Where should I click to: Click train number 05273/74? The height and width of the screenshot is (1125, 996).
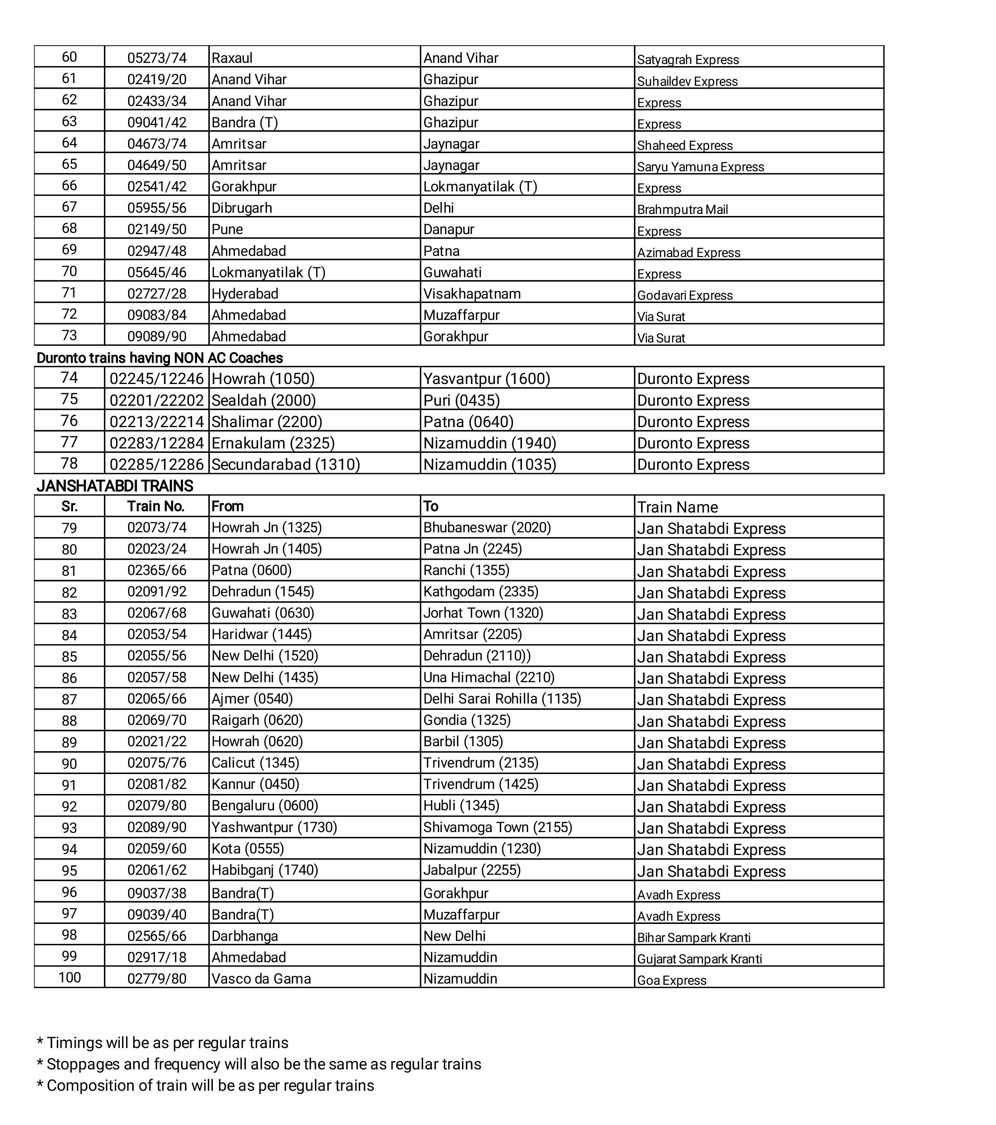[157, 58]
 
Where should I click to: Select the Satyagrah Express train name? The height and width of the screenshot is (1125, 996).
[687, 60]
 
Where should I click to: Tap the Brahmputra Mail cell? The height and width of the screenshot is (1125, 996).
[682, 210]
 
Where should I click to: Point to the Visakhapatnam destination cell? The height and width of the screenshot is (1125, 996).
[472, 294]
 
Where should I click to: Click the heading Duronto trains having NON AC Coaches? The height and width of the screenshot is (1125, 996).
[159, 358]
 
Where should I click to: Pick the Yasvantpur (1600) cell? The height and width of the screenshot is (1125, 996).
[487, 379]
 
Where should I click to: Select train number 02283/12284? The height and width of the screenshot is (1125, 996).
[157, 443]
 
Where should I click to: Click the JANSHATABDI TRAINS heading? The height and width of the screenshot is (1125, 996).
[114, 486]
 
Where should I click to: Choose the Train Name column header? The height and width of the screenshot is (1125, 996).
[677, 507]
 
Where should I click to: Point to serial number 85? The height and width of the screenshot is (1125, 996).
[69, 657]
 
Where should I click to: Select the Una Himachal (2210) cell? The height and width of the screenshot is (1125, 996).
[489, 677]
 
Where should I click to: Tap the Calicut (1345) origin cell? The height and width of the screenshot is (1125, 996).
[255, 763]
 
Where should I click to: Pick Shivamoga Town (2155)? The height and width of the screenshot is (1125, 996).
[497, 827]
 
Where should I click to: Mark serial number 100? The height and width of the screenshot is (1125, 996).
[69, 978]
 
